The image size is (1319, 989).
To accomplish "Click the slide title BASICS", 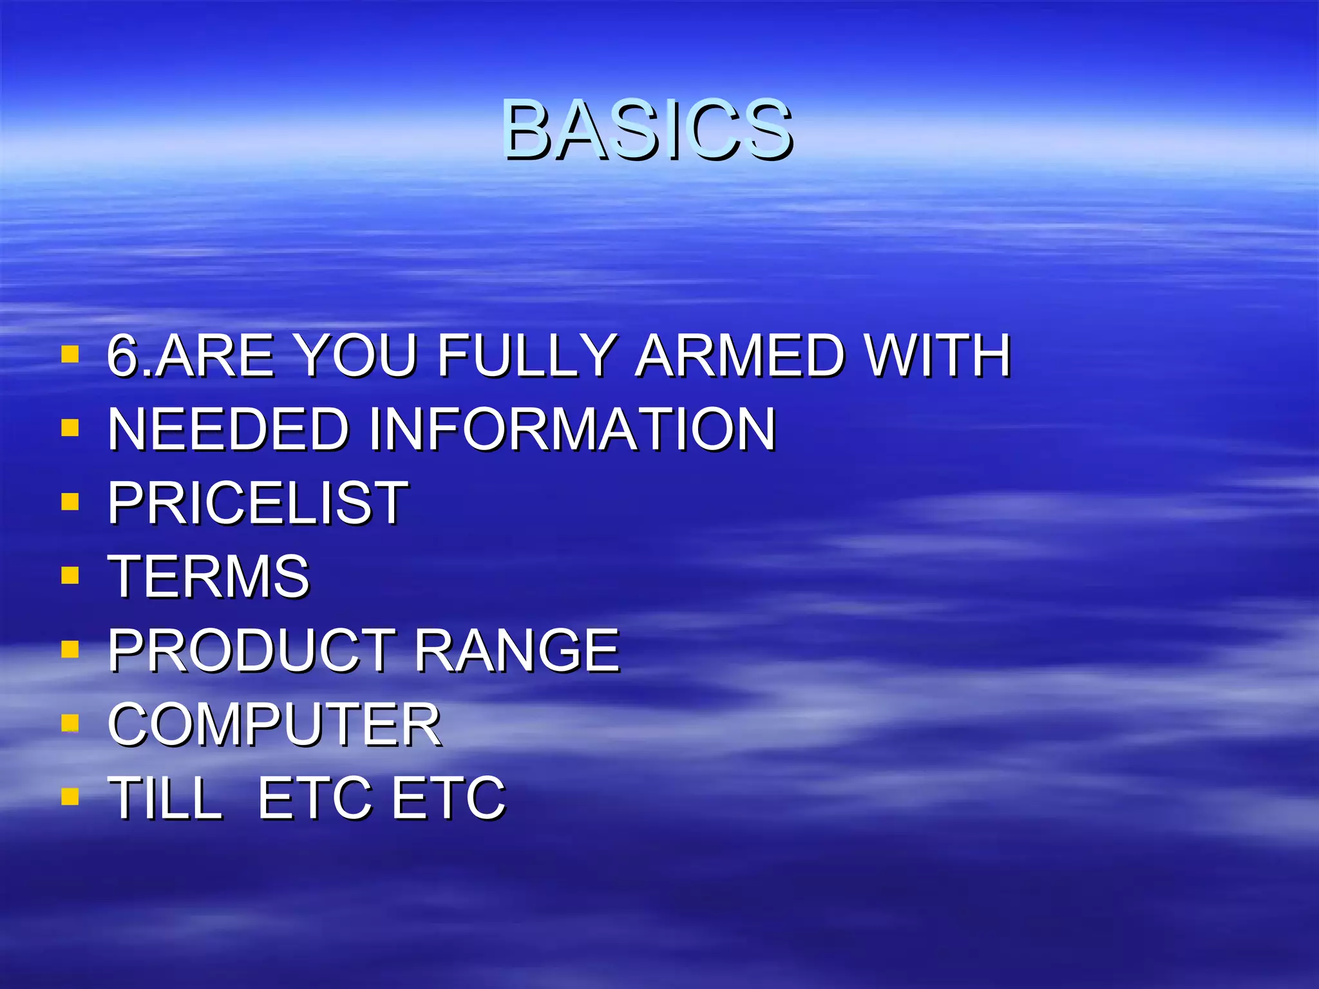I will tap(647, 130).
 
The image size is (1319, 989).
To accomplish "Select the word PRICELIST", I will tap(258, 503).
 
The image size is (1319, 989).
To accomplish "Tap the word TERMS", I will tap(209, 576).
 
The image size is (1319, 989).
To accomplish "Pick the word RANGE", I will tap(517, 650).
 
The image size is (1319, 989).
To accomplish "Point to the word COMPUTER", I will tap(274, 724).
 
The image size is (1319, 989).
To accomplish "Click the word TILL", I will tap(165, 798).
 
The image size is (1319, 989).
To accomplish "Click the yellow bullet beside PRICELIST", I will tap(70, 502).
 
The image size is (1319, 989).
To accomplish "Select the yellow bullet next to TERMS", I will tap(70, 575).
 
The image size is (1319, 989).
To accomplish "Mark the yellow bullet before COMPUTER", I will tap(70, 723).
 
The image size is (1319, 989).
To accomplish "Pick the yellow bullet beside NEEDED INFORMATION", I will tap(70, 428).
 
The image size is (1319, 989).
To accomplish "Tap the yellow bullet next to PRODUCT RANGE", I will tap(70, 649).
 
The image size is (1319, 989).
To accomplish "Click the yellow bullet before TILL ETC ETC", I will tap(70, 797).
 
